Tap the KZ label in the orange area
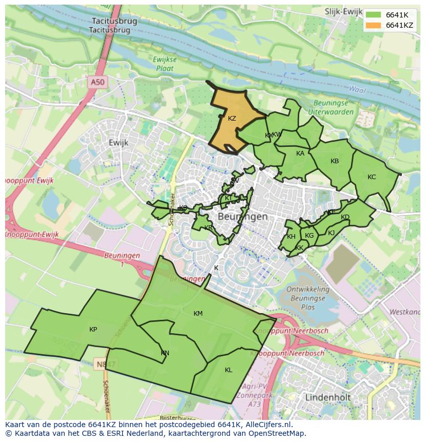point(232,119)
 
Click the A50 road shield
point(97,82)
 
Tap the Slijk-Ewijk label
point(343,11)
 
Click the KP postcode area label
point(93,330)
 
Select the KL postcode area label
point(228,370)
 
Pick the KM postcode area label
point(198,314)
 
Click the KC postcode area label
point(372,177)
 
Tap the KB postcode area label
point(335,161)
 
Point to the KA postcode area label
point(300,153)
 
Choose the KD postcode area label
point(345,217)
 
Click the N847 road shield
point(109,364)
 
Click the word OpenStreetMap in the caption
point(278,433)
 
